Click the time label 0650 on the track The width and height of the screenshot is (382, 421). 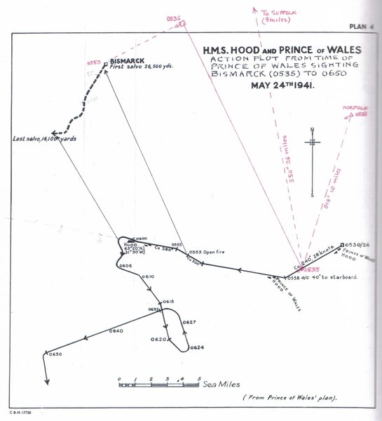[x=56, y=354]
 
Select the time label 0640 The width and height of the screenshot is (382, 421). [x=116, y=330]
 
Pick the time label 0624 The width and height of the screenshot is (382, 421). [x=197, y=347]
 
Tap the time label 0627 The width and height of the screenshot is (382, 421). [x=189, y=322]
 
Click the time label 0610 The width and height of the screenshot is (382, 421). [x=148, y=277]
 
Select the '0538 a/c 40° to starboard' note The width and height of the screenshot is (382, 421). [x=321, y=278]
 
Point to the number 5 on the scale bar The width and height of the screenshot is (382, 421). [x=199, y=378]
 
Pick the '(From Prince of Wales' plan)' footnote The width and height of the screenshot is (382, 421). [x=289, y=399]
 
